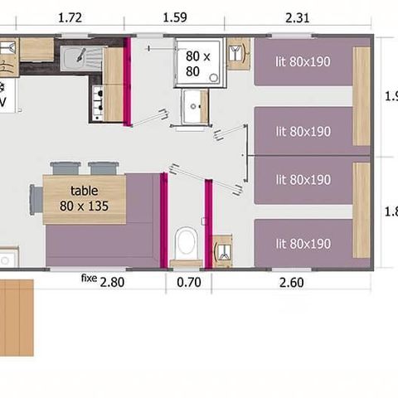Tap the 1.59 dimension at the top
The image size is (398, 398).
coord(174,17)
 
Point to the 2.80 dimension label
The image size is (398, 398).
coord(112,282)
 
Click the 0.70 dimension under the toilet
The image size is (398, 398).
coord(189,282)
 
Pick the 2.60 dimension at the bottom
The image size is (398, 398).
coord(292,282)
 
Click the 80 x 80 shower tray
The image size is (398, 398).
coord(198,62)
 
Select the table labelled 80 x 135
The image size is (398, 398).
coord(84,199)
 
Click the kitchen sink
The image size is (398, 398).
coord(81,57)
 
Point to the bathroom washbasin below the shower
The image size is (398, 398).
coord(196,106)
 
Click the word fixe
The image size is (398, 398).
coord(89,278)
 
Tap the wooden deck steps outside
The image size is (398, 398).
coord(17,315)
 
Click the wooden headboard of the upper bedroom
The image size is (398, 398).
coord(361,95)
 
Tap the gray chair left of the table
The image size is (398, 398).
coord(36,199)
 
